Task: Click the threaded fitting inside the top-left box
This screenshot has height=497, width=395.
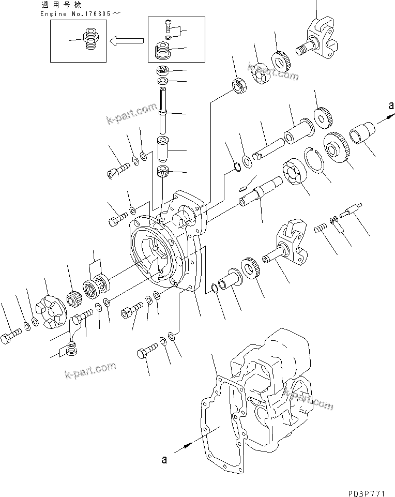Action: (90, 39)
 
